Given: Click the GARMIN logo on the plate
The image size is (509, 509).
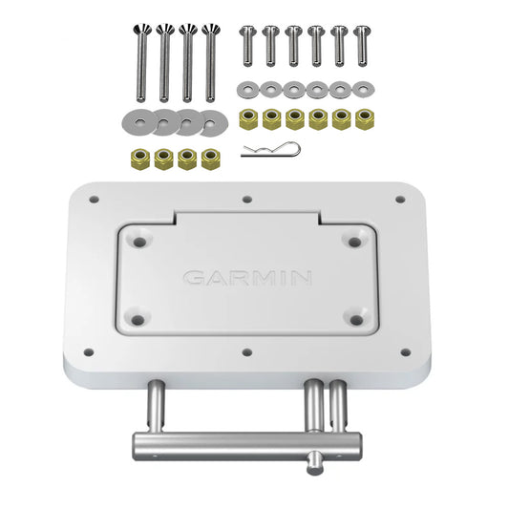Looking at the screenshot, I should coord(247,279).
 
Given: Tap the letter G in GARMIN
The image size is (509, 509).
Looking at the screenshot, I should coord(193,279).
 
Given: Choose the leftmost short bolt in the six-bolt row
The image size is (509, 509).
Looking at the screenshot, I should coord(246,44).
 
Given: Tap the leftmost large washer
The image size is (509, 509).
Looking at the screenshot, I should coord(135,121).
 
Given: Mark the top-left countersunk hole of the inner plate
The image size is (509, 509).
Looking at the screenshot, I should coord(139,242).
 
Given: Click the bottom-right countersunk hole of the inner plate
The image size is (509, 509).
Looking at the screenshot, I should coord(357,318).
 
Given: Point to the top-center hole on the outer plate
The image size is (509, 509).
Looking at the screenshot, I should coord(247,200).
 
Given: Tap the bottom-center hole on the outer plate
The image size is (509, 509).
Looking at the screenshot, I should coord(247,351).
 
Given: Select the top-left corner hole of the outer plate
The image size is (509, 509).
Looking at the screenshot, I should coord(94,200).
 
